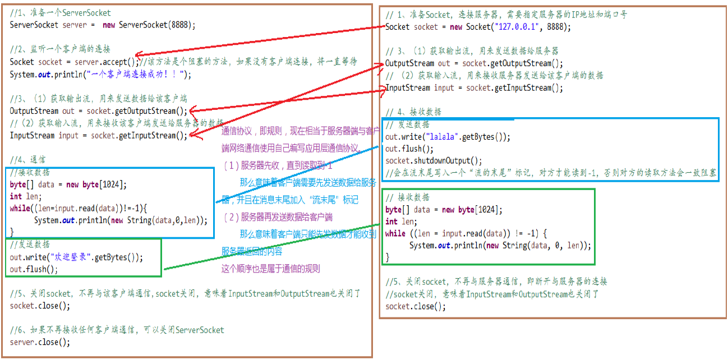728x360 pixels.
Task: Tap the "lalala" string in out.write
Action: point(443,137)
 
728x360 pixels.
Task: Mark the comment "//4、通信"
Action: point(28,159)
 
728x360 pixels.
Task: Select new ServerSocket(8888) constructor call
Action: point(148,25)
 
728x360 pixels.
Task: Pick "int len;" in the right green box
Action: point(399,221)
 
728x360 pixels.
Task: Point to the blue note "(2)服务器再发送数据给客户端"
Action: point(278,217)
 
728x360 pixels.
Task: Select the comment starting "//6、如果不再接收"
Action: point(117,330)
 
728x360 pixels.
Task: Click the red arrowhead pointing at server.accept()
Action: point(138,55)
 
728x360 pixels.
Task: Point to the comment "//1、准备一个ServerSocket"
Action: point(60,13)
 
